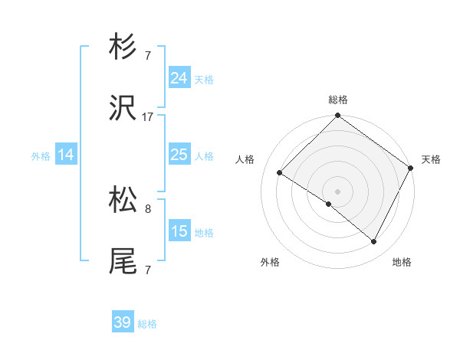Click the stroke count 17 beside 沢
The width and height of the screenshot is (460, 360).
coord(148,117)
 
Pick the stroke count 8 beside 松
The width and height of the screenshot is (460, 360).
coord(148,208)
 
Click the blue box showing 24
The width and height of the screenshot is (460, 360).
coord(179,78)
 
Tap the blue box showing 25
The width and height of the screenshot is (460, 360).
coord(179,155)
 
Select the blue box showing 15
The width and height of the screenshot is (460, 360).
coord(179,231)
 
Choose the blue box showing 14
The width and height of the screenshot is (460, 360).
coord(66,155)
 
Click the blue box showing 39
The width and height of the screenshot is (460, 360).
coord(123,322)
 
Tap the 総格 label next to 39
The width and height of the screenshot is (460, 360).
coord(148,324)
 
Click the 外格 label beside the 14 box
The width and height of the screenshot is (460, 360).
coord(41,156)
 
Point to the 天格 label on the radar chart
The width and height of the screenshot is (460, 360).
coord(432,159)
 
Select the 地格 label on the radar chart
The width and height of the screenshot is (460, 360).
coord(402,262)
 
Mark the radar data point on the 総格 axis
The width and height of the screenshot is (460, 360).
coord(337,116)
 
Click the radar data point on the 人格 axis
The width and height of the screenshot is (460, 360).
coord(280,172)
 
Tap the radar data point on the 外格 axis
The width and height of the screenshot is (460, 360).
coord(329,204)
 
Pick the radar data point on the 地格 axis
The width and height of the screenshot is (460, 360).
coord(374,242)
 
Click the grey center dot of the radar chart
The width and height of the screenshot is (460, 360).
coord(337,191)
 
